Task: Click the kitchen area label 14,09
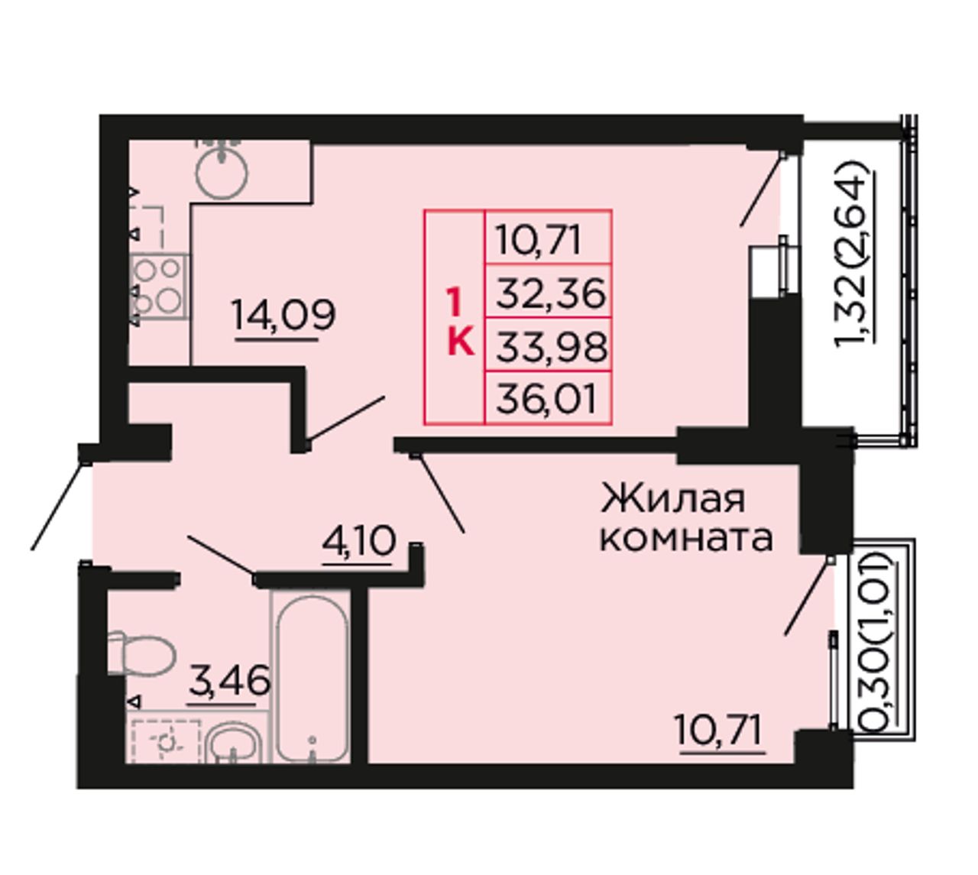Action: pos(283,316)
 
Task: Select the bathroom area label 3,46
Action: pos(228,680)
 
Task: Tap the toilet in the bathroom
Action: pos(141,653)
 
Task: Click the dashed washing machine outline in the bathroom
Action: pos(166,742)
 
